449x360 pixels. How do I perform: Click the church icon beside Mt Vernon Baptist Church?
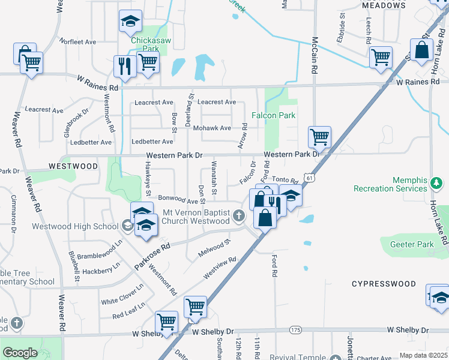pos(240,216)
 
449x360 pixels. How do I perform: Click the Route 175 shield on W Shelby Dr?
pos(295,330)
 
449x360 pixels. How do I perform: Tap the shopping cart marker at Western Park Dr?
pos(319,137)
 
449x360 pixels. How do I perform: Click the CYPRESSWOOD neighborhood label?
pos(384,283)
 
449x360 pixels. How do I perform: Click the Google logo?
pos(20,353)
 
